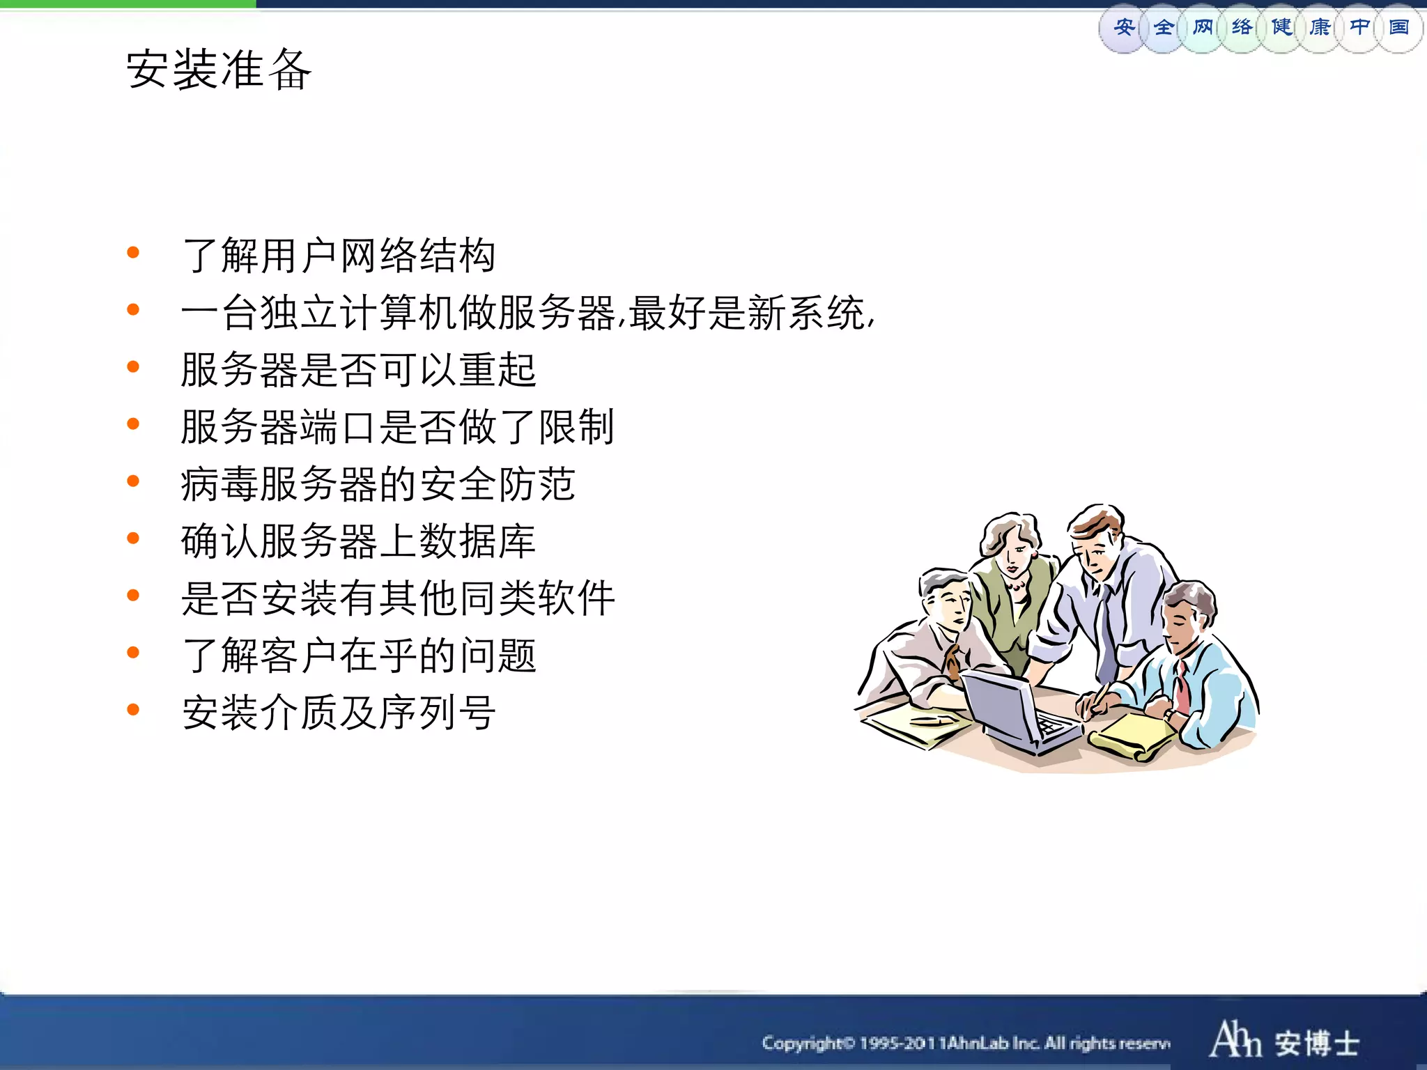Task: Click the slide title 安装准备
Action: (219, 70)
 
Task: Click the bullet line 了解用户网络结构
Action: (339, 255)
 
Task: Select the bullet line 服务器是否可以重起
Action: (358, 369)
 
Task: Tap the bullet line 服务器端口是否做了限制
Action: (397, 426)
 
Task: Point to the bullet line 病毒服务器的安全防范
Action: (378, 483)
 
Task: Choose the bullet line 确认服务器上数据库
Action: (358, 541)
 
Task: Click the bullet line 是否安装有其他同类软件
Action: (397, 598)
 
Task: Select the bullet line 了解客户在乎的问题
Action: (358, 655)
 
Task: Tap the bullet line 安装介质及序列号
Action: (339, 712)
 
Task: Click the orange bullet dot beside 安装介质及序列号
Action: (133, 710)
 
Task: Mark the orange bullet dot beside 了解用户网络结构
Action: (133, 253)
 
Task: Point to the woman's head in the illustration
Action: (1010, 540)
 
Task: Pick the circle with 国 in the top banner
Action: (1399, 28)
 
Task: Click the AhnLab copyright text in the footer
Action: (966, 1043)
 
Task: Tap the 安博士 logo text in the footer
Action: (1317, 1043)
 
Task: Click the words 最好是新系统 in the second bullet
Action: (747, 312)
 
